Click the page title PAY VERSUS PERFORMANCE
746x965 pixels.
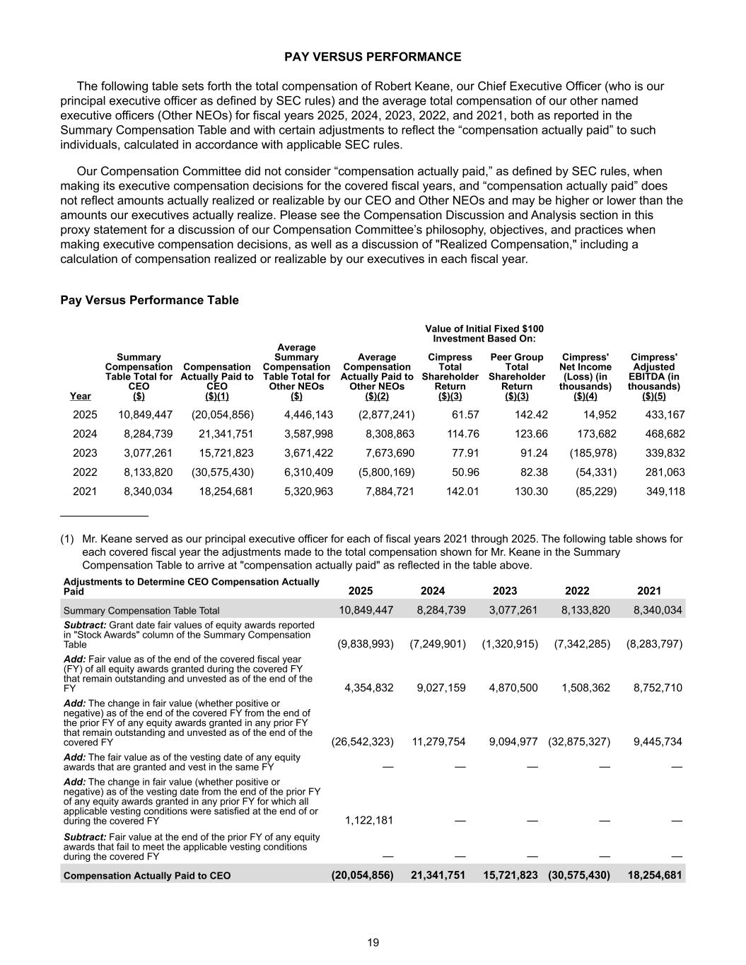[373, 57]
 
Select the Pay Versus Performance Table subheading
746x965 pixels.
[149, 300]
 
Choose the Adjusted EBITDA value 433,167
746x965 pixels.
[665, 415]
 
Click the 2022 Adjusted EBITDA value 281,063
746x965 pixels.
[665, 472]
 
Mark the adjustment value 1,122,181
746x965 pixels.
[369, 821]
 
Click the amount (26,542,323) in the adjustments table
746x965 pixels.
[363, 742]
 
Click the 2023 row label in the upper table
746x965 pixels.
[85, 453]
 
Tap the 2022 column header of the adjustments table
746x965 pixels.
[577, 591]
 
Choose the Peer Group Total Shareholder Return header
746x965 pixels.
[517, 377]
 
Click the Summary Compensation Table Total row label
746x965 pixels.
[141, 611]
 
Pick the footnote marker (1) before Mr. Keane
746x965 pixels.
[67, 539]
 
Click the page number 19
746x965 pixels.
[373, 942]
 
